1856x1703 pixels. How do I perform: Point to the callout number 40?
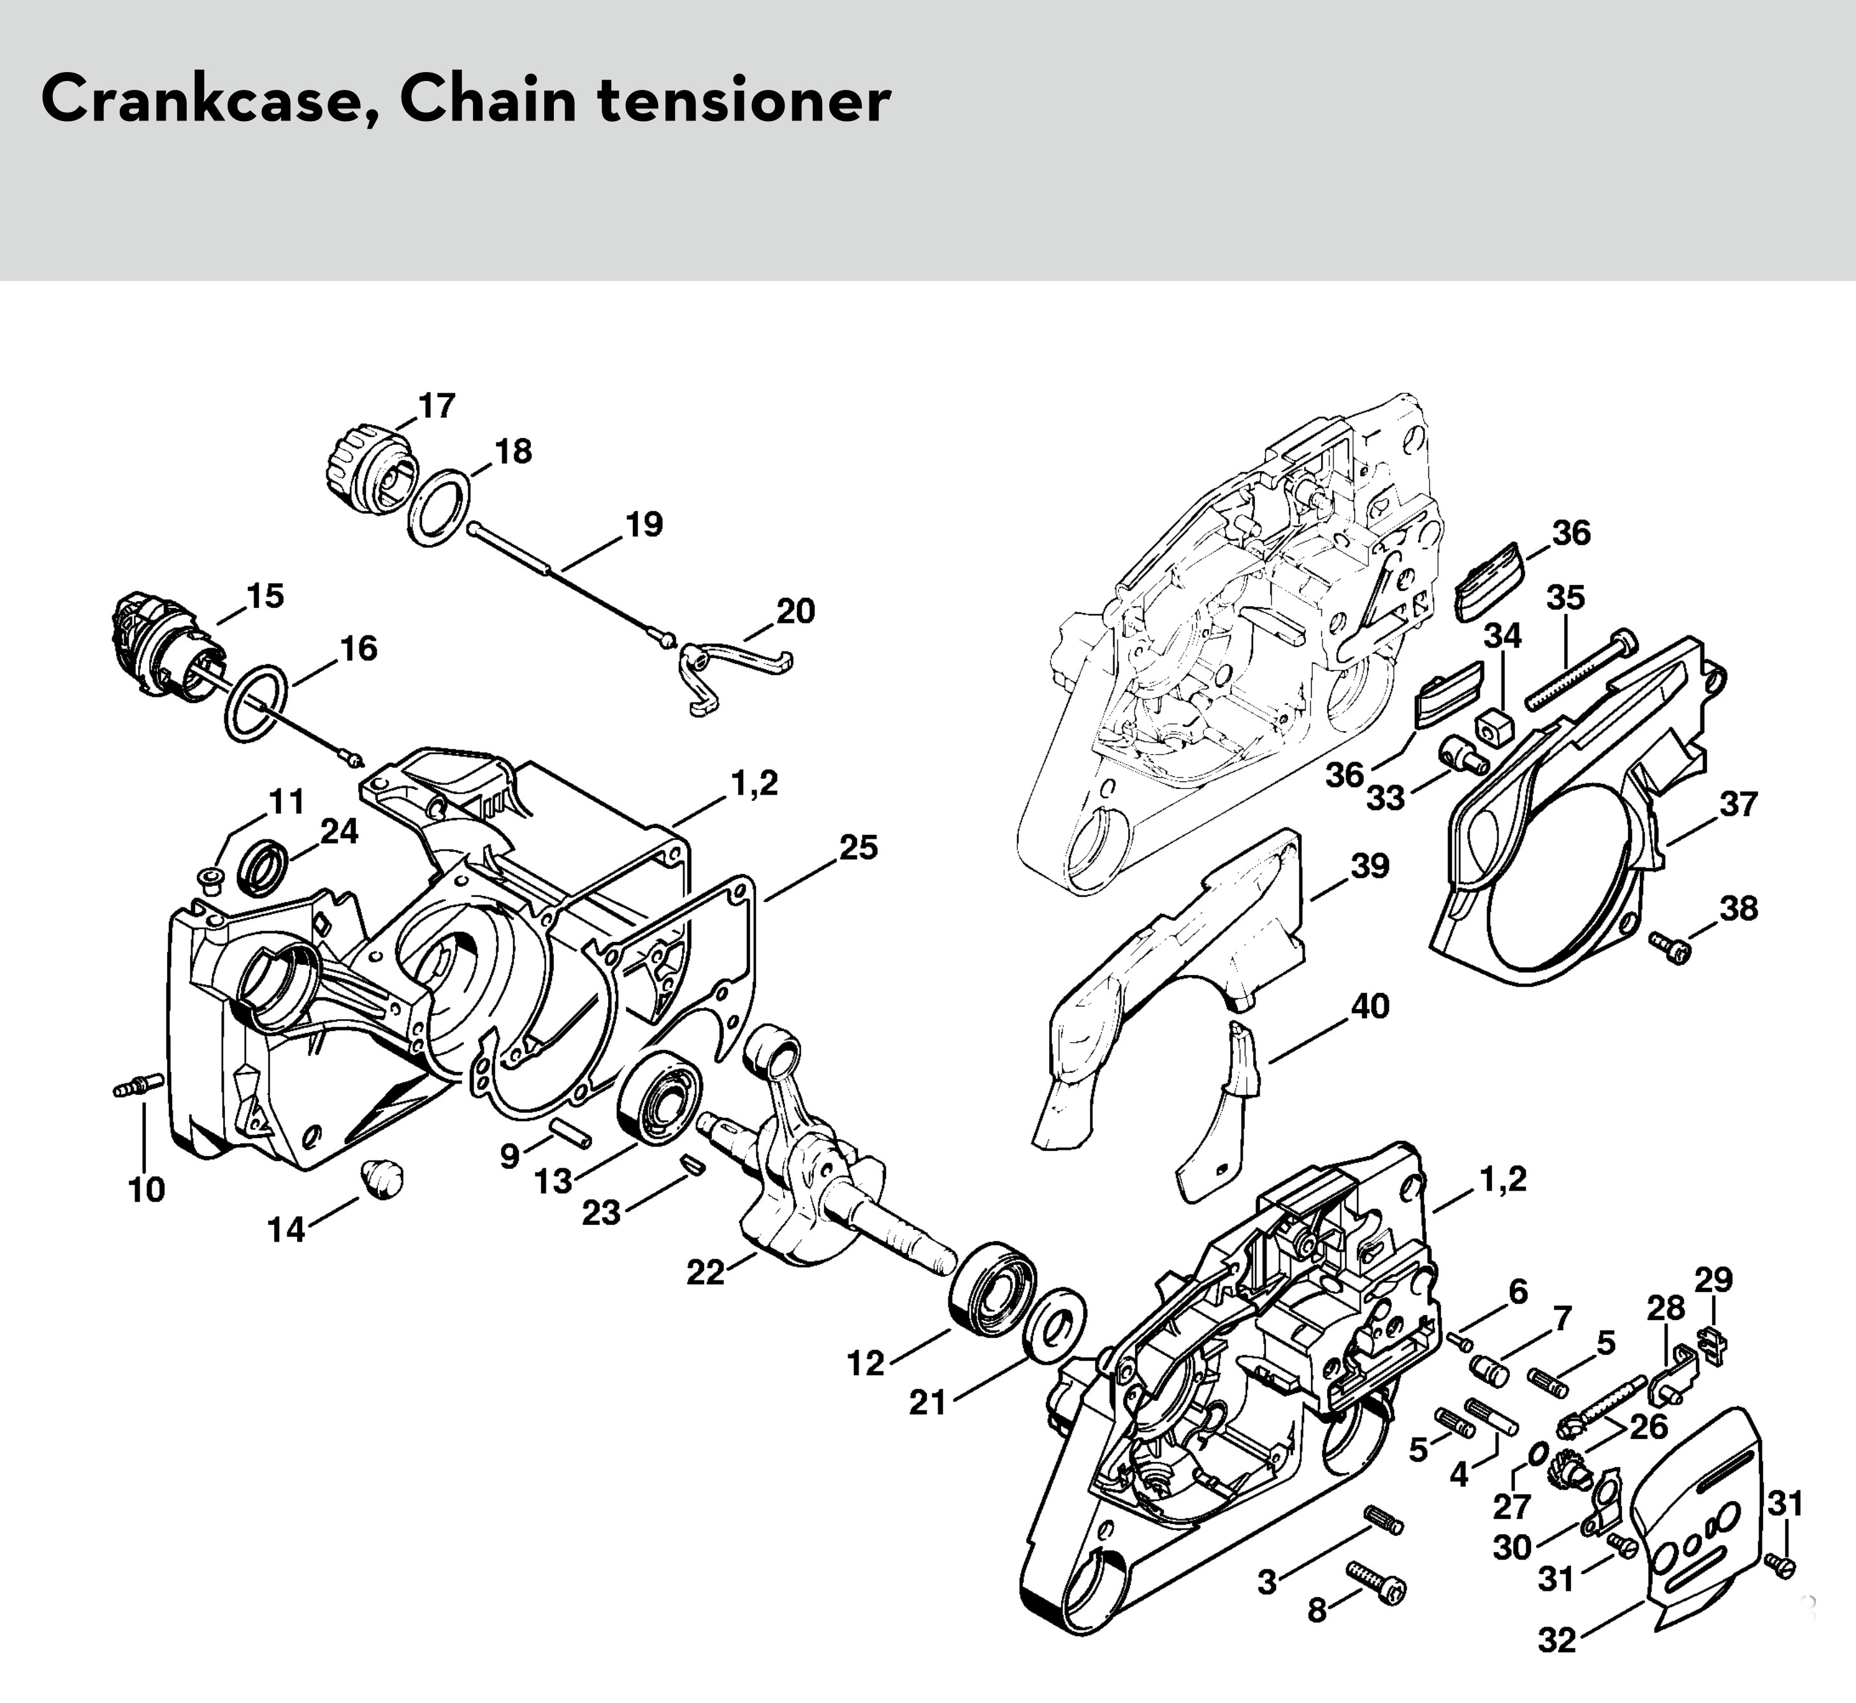coord(1370,1006)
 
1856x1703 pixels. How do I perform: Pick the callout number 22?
coord(706,1273)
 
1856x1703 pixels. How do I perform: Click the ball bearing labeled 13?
coord(659,1098)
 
